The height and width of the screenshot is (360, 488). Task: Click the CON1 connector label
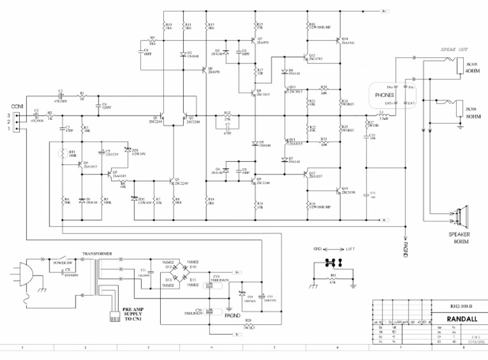(x=17, y=106)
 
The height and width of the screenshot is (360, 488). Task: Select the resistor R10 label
(x=168, y=26)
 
